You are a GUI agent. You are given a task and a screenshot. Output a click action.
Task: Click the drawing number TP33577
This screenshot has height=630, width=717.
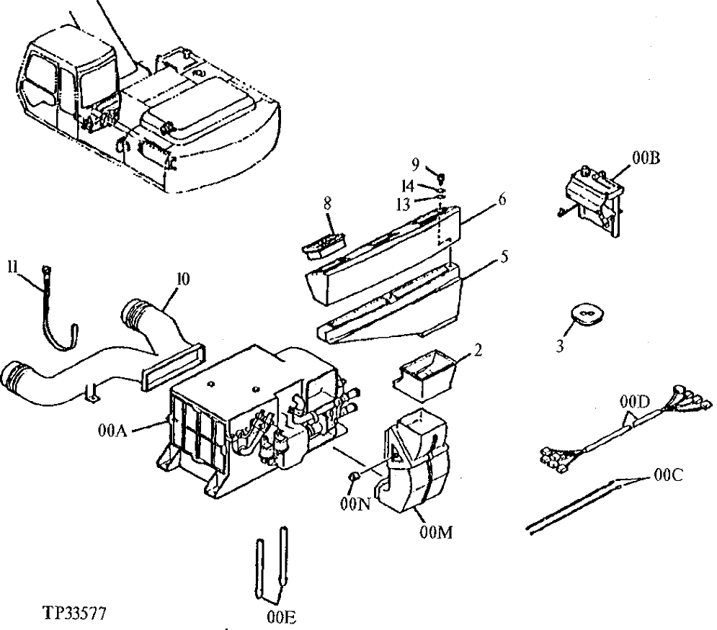click(76, 616)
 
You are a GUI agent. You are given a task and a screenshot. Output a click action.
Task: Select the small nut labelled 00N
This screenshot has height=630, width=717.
click(355, 477)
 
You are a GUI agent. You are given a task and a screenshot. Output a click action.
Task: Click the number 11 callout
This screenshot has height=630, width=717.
click(12, 266)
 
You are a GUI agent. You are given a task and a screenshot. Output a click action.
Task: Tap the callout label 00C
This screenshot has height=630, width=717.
click(669, 476)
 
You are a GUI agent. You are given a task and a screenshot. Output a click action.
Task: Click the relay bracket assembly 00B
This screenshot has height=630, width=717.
click(594, 194)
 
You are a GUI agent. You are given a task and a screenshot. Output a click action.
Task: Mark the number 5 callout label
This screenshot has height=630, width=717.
click(504, 256)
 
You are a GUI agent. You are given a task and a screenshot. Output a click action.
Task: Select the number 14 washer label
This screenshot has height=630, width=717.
click(407, 184)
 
